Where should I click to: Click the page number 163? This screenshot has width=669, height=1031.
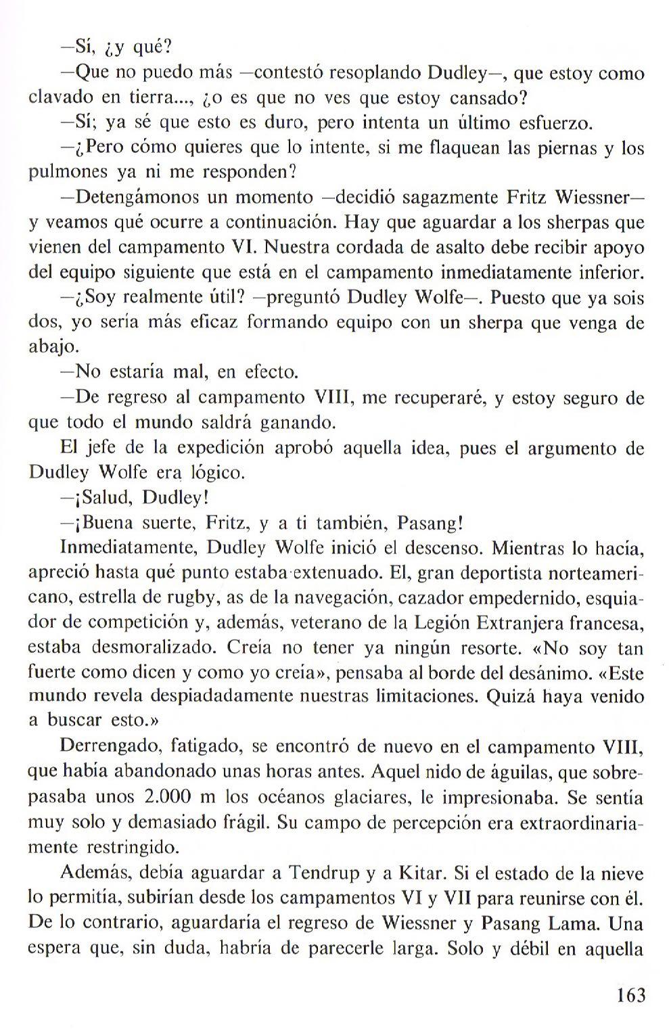pos(630,995)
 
